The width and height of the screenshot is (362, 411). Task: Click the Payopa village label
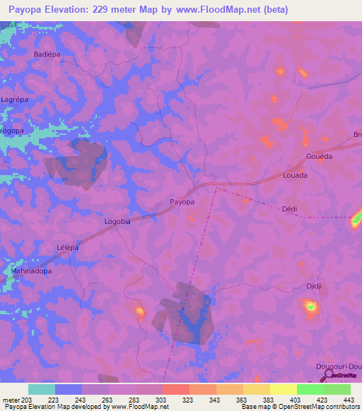click(x=182, y=202)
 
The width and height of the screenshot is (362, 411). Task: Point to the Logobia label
click(x=117, y=221)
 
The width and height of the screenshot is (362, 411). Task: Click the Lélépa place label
click(x=67, y=247)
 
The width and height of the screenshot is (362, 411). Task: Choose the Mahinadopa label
click(x=32, y=270)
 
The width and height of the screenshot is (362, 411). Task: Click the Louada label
click(x=295, y=174)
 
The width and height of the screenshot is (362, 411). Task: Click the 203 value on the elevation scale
click(x=28, y=400)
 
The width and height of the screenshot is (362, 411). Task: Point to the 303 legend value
click(x=163, y=400)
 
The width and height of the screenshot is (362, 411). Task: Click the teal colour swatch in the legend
click(x=42, y=389)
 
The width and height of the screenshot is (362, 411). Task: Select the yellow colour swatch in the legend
click(x=283, y=389)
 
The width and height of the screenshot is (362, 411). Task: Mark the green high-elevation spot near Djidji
click(x=310, y=306)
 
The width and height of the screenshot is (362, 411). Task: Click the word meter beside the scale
click(x=11, y=400)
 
